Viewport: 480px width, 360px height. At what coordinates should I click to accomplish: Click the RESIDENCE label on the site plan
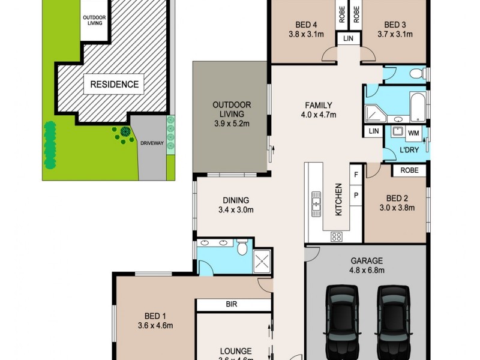point(114,84)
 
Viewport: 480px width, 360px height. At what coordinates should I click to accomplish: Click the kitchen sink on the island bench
point(316,203)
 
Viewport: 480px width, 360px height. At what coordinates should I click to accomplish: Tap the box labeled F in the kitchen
point(356,174)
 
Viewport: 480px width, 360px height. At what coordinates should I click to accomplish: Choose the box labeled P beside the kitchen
point(356,196)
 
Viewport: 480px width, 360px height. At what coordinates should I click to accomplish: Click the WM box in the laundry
point(414,132)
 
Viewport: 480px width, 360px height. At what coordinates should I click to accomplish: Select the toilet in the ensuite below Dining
point(242,247)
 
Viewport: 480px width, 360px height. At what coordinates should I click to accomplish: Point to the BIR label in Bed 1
point(232,305)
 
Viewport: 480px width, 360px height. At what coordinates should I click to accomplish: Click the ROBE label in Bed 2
point(409,170)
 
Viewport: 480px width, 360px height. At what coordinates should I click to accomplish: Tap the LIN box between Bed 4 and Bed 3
point(349,38)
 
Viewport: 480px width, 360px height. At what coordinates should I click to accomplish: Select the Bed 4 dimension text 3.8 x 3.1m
point(306,35)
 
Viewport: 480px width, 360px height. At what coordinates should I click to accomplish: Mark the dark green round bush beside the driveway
point(125,131)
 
